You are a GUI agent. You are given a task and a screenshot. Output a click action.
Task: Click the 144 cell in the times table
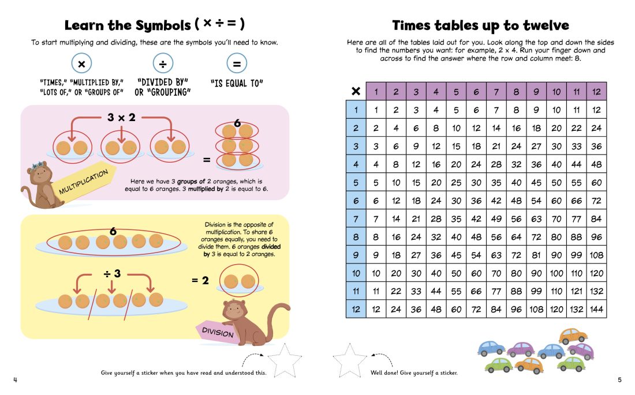596,309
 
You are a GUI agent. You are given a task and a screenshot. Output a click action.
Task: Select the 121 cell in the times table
576,291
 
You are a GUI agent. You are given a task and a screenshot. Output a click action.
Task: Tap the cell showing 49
496,219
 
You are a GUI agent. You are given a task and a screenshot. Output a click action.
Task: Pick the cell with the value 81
536,255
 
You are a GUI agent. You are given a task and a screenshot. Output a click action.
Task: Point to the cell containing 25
456,183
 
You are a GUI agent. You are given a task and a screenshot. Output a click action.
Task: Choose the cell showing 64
516,237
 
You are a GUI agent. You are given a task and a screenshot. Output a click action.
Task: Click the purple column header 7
496,92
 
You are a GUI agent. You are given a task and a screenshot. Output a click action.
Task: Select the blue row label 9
356,255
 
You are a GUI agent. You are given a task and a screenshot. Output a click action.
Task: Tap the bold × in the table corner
356,91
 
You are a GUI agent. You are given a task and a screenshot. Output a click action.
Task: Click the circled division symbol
163,63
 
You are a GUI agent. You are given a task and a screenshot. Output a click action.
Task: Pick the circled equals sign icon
237,63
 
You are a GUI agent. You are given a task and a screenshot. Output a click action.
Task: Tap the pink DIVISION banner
217,332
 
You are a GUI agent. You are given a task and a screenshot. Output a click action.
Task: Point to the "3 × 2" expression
121,118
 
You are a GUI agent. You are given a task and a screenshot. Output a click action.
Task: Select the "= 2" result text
200,280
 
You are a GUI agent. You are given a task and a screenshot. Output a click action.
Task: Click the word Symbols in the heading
163,25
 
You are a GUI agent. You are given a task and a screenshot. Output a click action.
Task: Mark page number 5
619,379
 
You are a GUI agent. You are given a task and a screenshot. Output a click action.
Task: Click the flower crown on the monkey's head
38,164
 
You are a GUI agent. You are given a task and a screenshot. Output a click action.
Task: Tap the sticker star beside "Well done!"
349,360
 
